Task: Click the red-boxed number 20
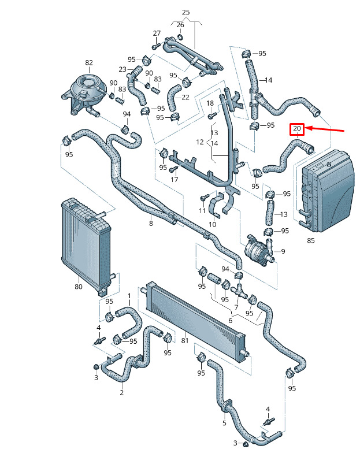[297, 128]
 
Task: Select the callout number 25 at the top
[186, 12]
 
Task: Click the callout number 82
[89, 62]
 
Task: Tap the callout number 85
[311, 240]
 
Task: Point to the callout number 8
[151, 223]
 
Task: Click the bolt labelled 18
[212, 116]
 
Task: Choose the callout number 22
[185, 97]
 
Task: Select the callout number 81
[185, 340]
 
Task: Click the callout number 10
[213, 224]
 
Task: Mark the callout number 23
[123, 69]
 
